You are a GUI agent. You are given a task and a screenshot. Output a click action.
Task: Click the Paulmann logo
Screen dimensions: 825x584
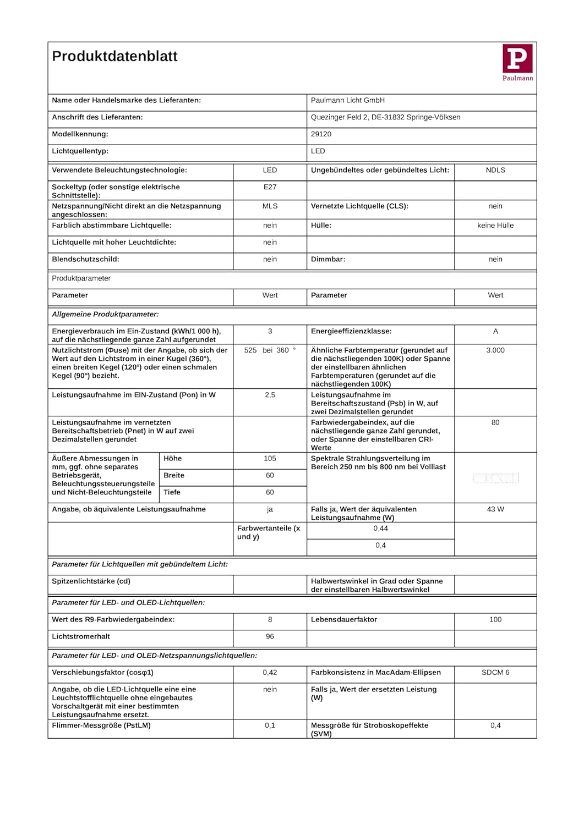point(517,62)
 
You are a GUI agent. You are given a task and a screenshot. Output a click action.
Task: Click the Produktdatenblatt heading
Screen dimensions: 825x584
point(114,56)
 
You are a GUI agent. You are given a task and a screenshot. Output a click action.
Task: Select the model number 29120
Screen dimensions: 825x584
point(321,134)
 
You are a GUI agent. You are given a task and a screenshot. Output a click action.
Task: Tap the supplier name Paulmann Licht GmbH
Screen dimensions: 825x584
point(347,100)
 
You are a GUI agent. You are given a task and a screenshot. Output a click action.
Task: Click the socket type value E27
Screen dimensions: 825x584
point(270,187)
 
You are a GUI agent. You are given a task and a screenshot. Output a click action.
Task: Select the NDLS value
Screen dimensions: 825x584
point(495,170)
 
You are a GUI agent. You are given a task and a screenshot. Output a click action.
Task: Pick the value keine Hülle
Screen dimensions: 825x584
point(495,226)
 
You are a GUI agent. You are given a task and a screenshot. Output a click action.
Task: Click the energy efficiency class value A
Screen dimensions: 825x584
point(495,331)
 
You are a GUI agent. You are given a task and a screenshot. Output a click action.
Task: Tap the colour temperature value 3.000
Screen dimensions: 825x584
point(495,350)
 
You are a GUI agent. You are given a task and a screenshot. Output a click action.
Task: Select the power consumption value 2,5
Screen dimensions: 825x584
point(270,395)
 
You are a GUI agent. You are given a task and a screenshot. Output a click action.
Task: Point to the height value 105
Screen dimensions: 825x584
point(270,458)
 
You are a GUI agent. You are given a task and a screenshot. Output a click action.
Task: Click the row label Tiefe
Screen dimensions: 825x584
point(172,492)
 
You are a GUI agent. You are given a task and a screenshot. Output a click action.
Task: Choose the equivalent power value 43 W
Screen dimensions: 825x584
point(495,509)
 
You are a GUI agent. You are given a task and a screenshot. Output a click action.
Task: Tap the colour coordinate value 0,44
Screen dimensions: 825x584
point(380,529)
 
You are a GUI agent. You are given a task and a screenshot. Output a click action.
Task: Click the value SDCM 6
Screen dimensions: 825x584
point(495,672)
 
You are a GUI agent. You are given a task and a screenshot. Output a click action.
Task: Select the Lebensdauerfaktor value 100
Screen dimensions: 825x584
point(495,619)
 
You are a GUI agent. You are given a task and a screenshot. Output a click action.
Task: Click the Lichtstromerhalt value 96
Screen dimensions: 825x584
point(270,636)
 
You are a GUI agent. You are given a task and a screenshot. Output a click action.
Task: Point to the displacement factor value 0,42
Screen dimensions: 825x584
point(270,672)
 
